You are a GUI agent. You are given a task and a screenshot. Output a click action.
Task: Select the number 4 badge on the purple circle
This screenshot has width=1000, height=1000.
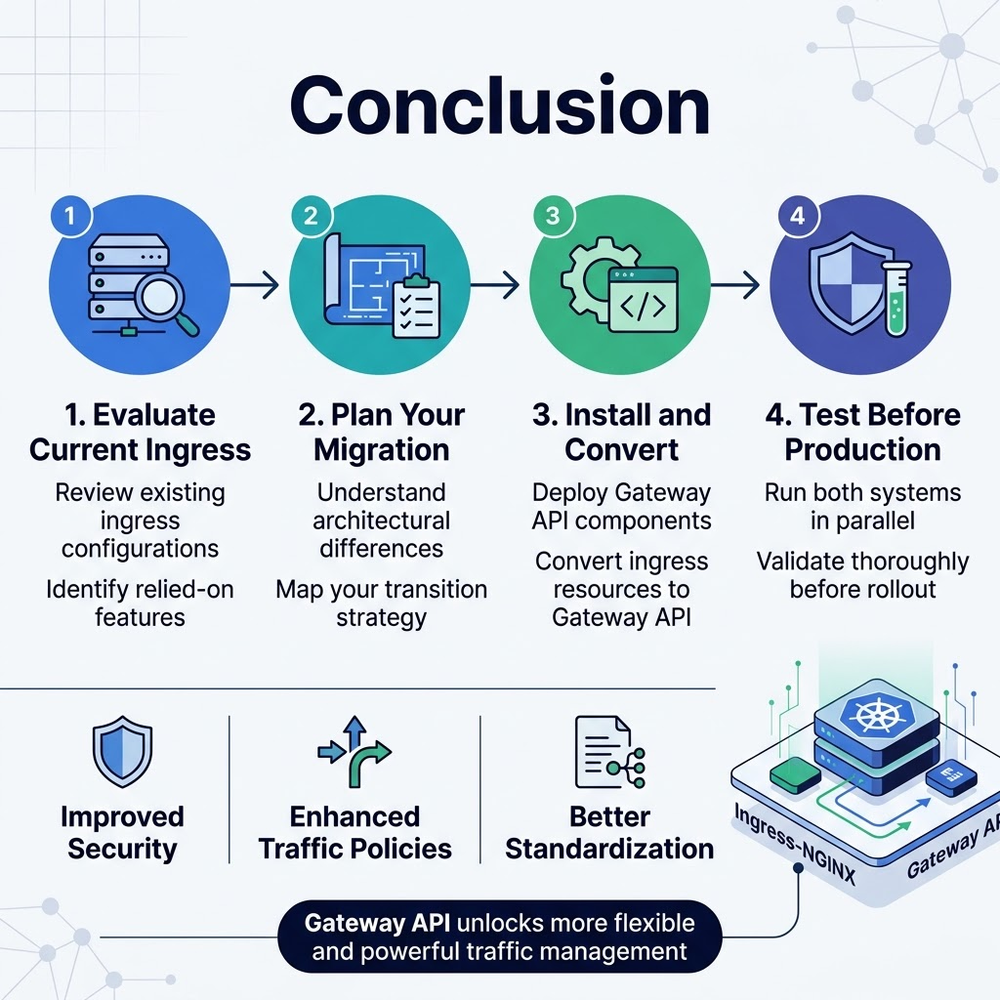[797, 216]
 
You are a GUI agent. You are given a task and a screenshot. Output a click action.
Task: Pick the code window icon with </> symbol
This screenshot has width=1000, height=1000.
[642, 304]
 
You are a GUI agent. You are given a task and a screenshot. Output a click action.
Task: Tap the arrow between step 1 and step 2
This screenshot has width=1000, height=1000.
[255, 285]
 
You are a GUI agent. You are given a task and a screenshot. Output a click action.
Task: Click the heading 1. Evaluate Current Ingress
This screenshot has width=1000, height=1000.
[140, 432]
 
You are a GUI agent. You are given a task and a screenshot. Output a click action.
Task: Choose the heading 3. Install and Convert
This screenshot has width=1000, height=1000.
[621, 432]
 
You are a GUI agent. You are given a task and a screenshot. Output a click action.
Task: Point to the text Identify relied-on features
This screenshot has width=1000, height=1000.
[140, 603]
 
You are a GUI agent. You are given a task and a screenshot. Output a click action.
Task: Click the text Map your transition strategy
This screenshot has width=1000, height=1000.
[381, 603]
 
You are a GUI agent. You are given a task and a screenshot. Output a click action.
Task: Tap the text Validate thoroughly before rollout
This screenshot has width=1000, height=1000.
[862, 575]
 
